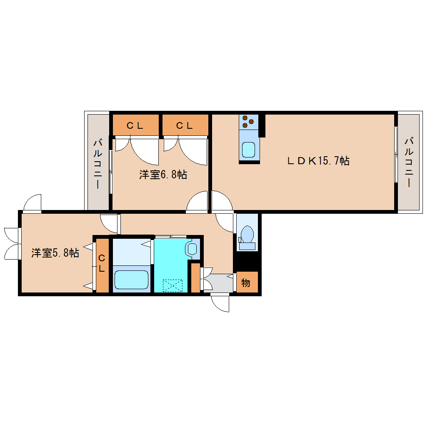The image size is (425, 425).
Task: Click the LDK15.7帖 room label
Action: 318,161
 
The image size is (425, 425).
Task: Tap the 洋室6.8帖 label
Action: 163,175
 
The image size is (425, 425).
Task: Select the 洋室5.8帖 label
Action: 55,252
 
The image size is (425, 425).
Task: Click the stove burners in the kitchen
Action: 248,121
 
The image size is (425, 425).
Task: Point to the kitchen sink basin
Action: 248,150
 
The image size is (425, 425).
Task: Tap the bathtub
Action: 131,280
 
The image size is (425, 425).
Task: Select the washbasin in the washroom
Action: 192,249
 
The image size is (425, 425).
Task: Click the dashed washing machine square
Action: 172,286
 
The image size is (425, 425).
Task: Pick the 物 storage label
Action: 245,282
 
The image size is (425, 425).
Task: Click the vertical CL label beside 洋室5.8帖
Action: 101,263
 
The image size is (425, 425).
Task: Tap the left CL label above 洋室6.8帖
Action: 135,125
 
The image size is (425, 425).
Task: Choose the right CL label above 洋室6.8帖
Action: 184,125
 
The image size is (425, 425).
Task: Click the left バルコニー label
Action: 97,163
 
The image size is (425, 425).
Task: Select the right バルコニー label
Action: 409,162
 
